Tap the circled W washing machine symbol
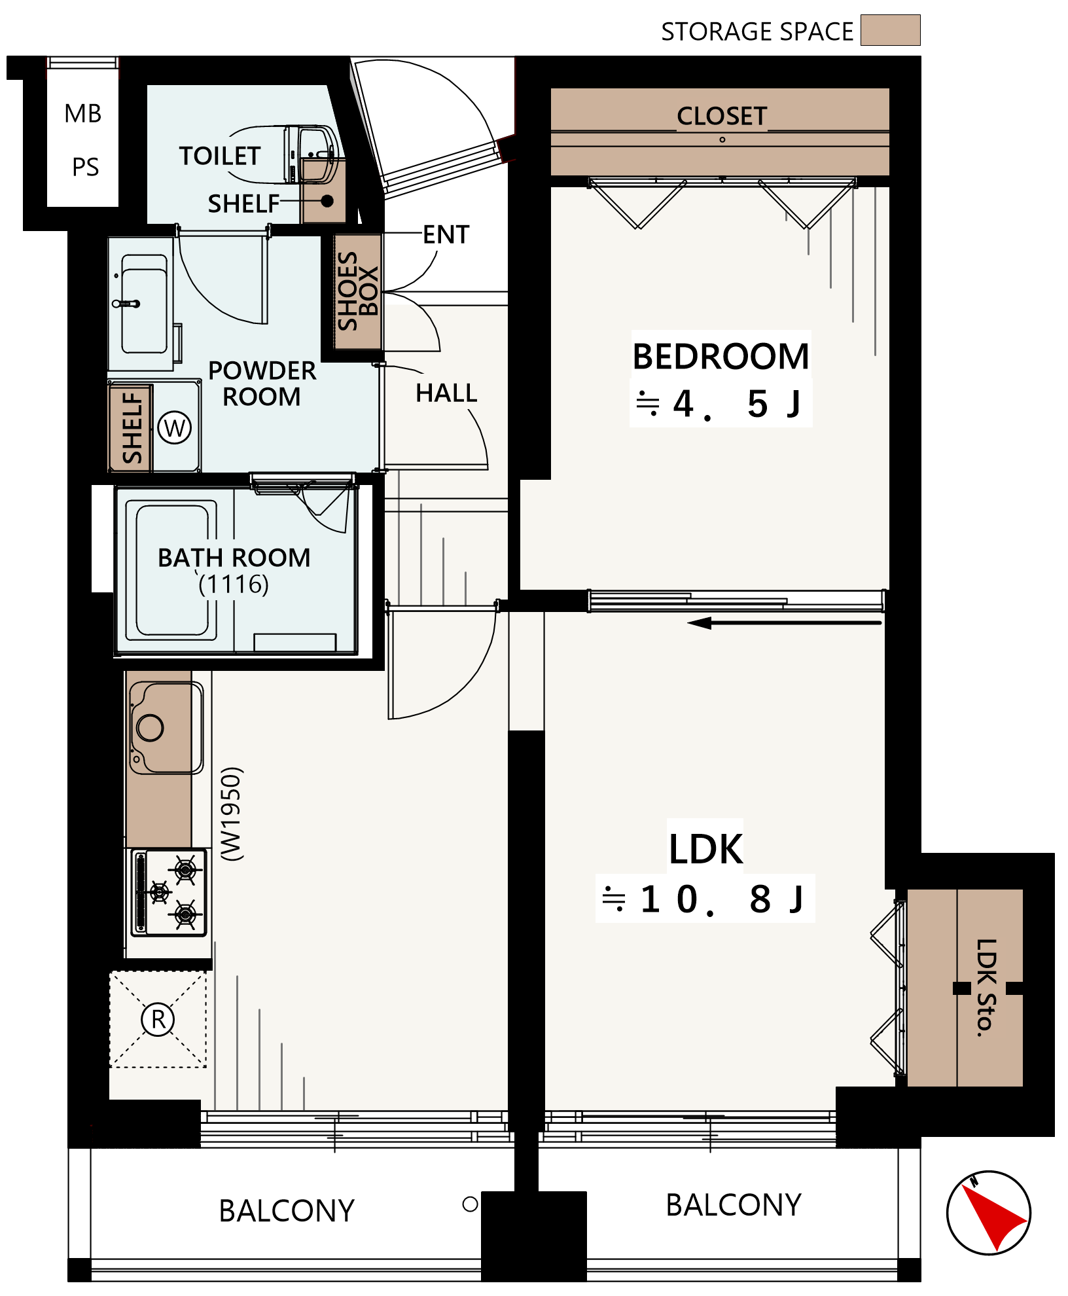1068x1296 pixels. click(x=175, y=428)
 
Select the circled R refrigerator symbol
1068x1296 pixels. click(x=158, y=1019)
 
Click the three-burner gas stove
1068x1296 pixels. click(x=169, y=892)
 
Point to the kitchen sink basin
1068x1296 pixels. click(x=167, y=727)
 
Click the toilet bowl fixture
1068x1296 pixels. click(x=311, y=154)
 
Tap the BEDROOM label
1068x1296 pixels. click(x=721, y=357)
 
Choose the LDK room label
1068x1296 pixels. click(x=706, y=849)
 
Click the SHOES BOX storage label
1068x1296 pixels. click(x=357, y=291)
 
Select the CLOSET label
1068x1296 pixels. click(x=722, y=116)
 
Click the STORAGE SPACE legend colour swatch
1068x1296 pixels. click(x=890, y=30)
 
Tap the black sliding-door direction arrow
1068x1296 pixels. click(x=785, y=623)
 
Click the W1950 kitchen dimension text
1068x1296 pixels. click(x=232, y=814)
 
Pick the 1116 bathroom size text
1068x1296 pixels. click(x=234, y=584)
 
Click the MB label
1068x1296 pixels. click(x=83, y=114)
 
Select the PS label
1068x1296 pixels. click(x=86, y=167)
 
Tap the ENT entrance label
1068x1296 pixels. click(x=446, y=234)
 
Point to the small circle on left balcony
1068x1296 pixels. click(x=470, y=1204)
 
